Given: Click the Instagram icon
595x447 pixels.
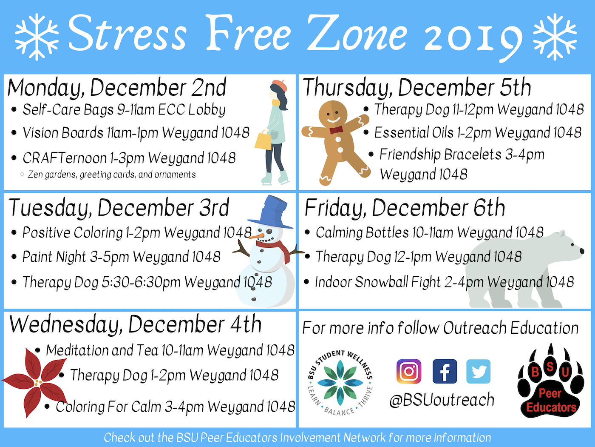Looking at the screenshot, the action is (x=408, y=371).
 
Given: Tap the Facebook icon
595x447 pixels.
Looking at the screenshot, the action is (x=445, y=371).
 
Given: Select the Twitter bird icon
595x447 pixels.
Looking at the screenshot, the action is (x=479, y=371).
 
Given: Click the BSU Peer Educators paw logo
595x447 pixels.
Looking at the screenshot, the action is (x=551, y=381).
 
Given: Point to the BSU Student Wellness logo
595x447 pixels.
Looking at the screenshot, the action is (x=340, y=383).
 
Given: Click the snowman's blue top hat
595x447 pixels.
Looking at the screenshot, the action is (x=274, y=212).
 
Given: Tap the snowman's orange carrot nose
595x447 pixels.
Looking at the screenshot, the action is (x=256, y=236).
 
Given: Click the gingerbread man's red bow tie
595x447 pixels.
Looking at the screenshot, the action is (x=336, y=130).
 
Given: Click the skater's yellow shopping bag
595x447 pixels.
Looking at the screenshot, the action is (x=263, y=140).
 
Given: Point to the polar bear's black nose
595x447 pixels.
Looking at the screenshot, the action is (x=582, y=251).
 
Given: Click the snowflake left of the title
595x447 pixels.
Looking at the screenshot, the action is (x=37, y=37).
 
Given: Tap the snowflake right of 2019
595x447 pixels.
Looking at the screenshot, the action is (x=555, y=37).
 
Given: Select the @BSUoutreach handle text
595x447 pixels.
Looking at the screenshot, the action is (x=442, y=400).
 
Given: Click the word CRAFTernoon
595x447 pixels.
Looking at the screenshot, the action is (x=65, y=158).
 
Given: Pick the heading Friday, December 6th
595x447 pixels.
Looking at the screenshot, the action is (x=405, y=208).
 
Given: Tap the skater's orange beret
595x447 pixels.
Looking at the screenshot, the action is (x=279, y=85).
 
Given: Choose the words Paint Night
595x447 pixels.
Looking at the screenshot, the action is (x=54, y=257).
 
